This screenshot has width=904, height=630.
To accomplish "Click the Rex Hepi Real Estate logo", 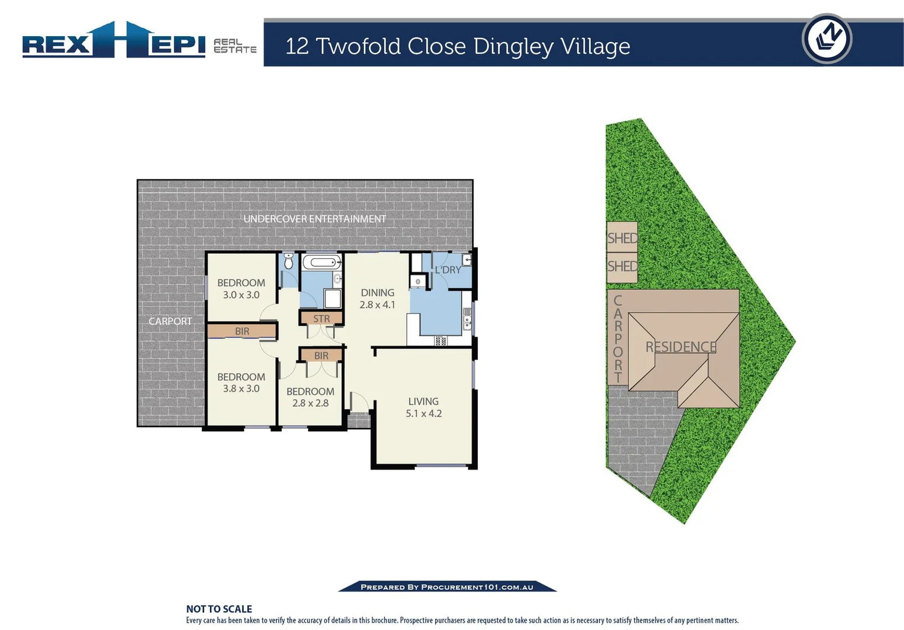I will pos(139,41).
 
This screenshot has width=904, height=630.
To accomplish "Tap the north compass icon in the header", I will pos(826,38).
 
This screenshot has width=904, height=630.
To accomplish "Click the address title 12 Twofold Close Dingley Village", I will pos(457,46).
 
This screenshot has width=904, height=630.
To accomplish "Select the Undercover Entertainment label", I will pos(314,219).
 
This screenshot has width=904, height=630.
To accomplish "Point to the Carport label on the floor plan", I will pos(170,321).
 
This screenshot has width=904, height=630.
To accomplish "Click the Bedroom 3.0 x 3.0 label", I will pos(241,289).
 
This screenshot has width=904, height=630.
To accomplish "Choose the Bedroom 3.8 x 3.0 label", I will pos(241,383).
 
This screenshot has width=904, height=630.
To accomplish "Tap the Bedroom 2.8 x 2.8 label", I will pos(310,397).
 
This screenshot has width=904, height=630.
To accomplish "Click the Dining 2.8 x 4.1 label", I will pos(377,299).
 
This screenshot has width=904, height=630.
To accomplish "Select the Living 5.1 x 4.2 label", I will pos(423,407).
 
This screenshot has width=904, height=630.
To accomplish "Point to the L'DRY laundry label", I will pos(447,270).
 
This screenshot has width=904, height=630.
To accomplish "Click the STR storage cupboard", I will pos(321,318).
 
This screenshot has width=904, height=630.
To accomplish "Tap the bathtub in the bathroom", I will pos(321,262).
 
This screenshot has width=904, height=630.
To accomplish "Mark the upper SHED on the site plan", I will pos(622,237).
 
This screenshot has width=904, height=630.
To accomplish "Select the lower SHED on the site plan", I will pos(622,267).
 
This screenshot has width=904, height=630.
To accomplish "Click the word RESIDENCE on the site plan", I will pos(681,347).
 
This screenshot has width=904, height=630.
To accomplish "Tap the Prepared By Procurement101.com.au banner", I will pos(447,587).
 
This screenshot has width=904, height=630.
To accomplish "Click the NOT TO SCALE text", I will pos(219,609).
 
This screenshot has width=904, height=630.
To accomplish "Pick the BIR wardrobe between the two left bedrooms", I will pos(241,331).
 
